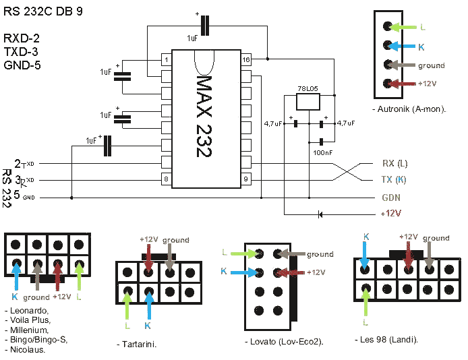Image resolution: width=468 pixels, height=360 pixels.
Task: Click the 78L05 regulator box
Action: [x=308, y=102]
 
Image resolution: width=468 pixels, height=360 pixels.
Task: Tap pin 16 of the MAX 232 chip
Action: [x=246, y=59]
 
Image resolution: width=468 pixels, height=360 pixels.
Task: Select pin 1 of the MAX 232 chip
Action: [x=167, y=59]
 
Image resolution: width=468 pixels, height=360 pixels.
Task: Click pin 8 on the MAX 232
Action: [x=167, y=179]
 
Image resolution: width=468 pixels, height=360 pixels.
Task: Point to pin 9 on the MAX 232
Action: [x=246, y=179]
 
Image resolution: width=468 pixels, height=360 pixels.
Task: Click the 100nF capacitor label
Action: [x=322, y=153]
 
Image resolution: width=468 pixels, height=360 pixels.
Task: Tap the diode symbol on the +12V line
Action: [x=320, y=214]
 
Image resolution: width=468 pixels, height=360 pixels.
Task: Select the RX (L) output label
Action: [x=394, y=163]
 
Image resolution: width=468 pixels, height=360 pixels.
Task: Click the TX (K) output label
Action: [x=394, y=179]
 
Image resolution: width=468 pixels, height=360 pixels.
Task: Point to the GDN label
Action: [x=391, y=198]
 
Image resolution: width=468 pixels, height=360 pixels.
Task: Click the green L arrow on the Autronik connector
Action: [x=403, y=27]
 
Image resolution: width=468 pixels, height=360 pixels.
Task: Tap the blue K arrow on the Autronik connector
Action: [x=402, y=47]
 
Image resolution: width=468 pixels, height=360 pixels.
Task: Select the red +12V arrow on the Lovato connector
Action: [x=291, y=272]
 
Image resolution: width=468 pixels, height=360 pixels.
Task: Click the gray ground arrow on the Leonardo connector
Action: [x=37, y=276]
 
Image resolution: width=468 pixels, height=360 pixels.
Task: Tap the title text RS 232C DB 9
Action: [x=43, y=11]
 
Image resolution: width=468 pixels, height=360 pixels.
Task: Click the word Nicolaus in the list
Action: [x=28, y=350]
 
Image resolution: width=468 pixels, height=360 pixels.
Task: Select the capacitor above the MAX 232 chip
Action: [x=205, y=26]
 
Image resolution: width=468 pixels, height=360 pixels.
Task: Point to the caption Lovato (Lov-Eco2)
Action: [x=287, y=342]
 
